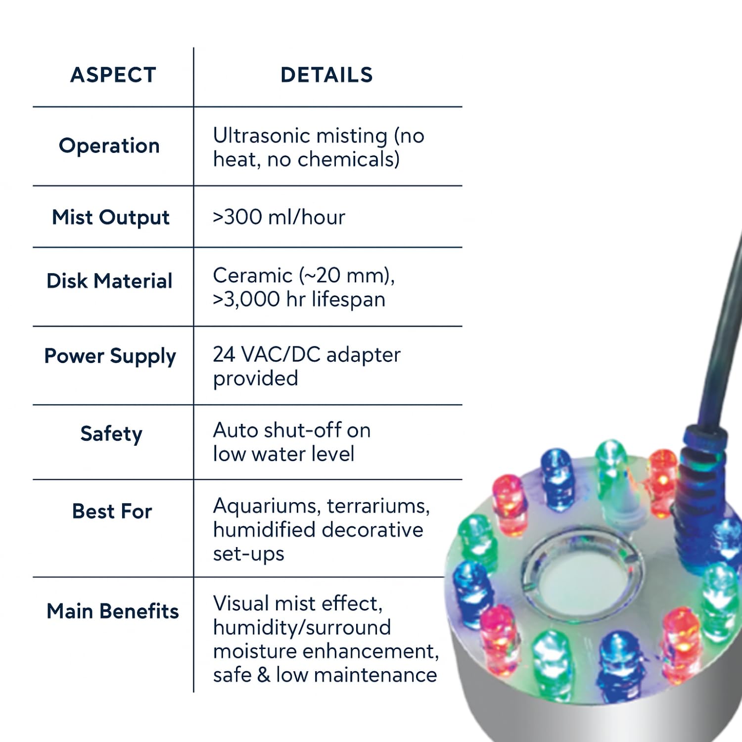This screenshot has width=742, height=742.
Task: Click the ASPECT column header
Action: pyautogui.click(x=113, y=75)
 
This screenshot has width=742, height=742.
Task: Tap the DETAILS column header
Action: pyautogui.click(x=326, y=75)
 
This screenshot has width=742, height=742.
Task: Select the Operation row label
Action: pyautogui.click(x=109, y=146)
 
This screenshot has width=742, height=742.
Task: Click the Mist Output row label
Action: pyautogui.click(x=111, y=218)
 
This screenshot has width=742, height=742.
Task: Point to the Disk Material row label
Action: pyautogui.click(x=109, y=281)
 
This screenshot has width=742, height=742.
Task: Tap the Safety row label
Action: pyautogui.click(x=111, y=434)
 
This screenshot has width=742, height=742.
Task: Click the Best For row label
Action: pyautogui.click(x=112, y=511)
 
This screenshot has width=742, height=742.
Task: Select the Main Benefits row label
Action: pyautogui.click(x=113, y=611)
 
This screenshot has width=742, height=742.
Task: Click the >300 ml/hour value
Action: pyautogui.click(x=279, y=218)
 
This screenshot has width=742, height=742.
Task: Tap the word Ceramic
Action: pyautogui.click(x=253, y=276)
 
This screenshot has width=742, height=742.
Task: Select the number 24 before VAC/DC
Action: pyautogui.click(x=224, y=355)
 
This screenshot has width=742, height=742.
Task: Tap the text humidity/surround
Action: pyautogui.click(x=302, y=628)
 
